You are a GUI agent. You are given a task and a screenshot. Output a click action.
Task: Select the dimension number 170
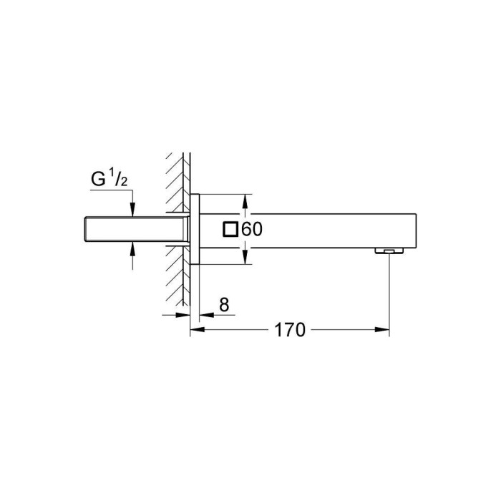[290, 330]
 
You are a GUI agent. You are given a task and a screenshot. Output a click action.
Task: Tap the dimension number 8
[223, 306]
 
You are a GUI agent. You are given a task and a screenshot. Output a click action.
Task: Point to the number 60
[253, 230]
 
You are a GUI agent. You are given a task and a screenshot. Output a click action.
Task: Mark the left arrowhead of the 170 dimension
[195, 330]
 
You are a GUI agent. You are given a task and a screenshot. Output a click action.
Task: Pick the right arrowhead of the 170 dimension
[385, 330]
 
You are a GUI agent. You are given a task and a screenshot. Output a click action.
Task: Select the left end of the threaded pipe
[83, 228]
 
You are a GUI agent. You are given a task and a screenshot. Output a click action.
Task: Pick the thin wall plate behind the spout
[195, 229]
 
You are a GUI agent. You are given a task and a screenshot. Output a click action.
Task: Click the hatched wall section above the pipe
[177, 179]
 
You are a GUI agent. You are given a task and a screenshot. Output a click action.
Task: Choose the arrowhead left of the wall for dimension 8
[185, 315]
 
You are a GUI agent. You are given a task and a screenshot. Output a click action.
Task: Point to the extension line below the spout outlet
[389, 293]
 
